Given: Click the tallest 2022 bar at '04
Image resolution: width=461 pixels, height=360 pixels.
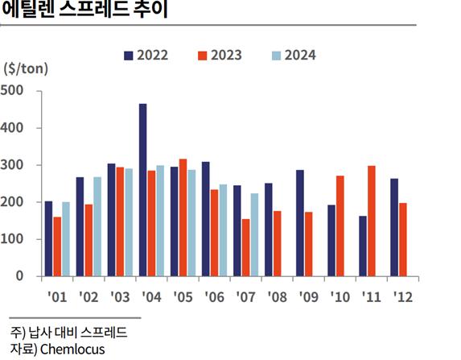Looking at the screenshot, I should (142, 190).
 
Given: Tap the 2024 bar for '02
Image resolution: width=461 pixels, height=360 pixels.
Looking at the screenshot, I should (97, 226).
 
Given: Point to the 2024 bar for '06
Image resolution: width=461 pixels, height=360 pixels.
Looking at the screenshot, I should (223, 230).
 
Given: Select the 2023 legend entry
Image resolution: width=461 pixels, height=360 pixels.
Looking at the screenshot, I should (219, 56).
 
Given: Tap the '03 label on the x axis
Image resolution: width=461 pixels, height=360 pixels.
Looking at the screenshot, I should (119, 296).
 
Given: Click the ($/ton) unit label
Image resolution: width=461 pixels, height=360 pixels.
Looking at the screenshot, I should (26, 68).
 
